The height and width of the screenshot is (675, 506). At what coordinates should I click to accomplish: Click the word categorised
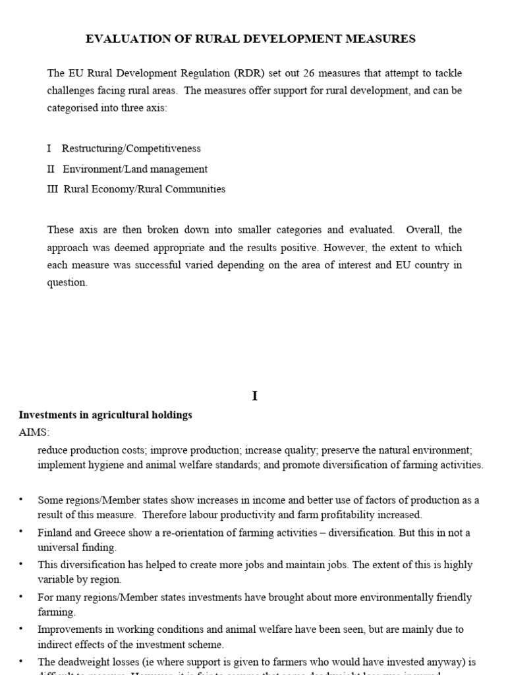[73, 107]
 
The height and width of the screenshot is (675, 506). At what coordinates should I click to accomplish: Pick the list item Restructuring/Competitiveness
[131, 148]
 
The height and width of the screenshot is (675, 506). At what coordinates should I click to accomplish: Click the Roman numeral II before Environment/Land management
[51, 169]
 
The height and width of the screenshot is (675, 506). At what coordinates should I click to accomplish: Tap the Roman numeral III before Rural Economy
[53, 189]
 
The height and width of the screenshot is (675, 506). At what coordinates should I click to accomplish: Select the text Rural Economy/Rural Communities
[144, 189]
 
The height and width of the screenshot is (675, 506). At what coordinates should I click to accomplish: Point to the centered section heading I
[254, 396]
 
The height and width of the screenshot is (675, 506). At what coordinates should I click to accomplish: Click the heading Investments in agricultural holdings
[105, 415]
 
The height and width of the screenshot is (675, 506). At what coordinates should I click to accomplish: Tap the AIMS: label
[34, 432]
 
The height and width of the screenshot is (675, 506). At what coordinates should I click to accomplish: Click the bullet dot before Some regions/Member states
[22, 500]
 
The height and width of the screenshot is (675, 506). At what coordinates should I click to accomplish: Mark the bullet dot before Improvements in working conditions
[22, 630]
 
